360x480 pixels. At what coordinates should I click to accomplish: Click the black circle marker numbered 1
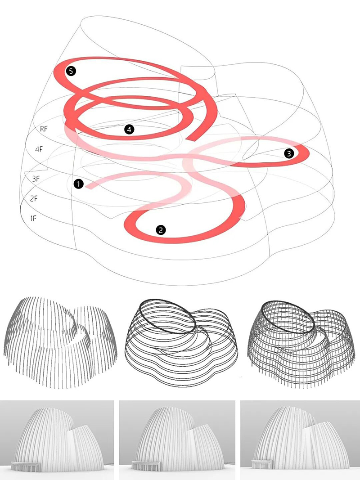click(x=79, y=184)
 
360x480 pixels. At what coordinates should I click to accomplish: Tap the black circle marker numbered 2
click(x=161, y=230)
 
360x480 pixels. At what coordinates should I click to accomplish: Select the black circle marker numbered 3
click(x=289, y=153)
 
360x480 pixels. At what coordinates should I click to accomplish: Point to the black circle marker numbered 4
click(x=129, y=130)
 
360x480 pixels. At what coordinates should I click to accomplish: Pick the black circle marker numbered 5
click(x=71, y=72)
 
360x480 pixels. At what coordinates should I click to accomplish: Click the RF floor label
click(x=44, y=129)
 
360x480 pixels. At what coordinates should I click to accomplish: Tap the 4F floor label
click(x=39, y=149)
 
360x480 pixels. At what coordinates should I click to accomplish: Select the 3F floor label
click(x=36, y=179)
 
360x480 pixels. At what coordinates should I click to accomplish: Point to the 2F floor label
click(x=34, y=198)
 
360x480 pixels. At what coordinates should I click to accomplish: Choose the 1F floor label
click(x=33, y=218)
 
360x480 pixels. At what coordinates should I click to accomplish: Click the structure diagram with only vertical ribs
click(x=60, y=342)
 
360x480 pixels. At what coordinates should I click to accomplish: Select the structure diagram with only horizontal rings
click(x=181, y=342)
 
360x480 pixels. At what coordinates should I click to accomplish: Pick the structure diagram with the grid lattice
click(x=301, y=345)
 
